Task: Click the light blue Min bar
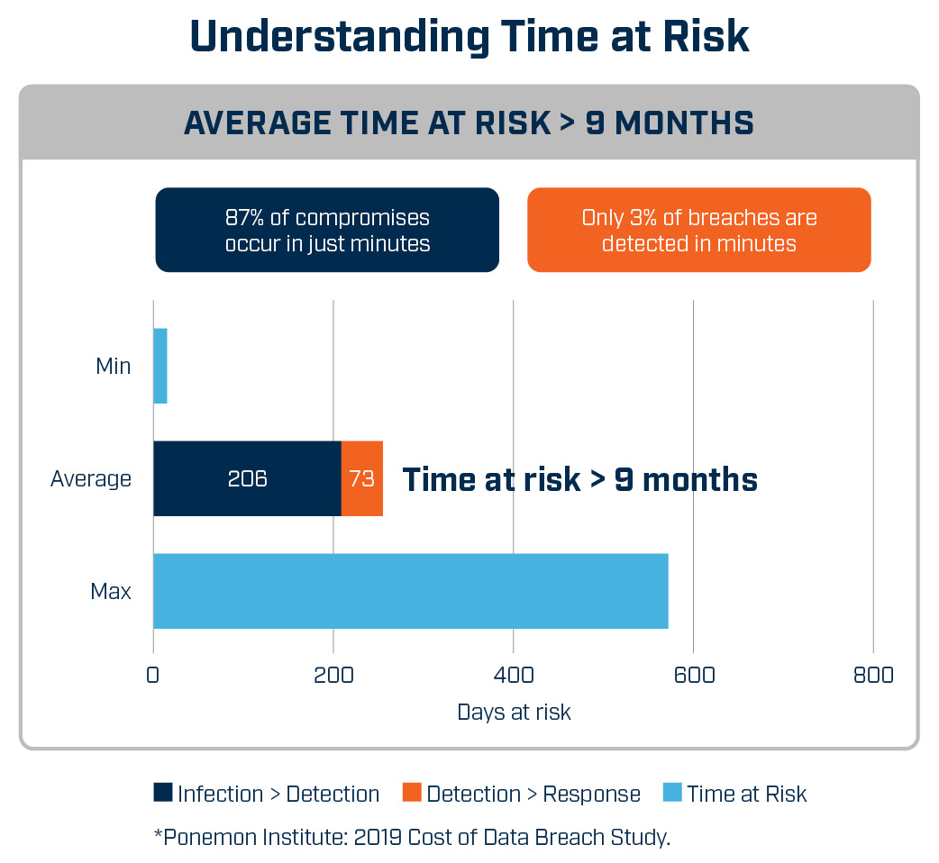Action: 160,366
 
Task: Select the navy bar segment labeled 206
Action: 247,478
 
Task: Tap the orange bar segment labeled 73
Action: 361,478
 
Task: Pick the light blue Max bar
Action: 411,591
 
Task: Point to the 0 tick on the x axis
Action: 152,675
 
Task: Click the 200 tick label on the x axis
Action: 333,675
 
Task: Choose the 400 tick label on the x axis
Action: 514,675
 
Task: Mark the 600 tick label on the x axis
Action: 694,675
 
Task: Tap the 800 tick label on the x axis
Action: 874,675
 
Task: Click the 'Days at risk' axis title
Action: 514,713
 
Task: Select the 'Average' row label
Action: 91,478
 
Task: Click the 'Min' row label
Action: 114,366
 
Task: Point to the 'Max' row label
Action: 111,591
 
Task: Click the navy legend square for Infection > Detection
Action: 163,792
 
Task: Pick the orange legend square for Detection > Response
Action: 412,792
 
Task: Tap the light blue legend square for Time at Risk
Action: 672,792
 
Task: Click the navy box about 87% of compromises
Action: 327,230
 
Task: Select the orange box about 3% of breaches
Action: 699,230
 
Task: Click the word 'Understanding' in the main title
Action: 340,37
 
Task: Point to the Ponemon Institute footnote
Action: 412,837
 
